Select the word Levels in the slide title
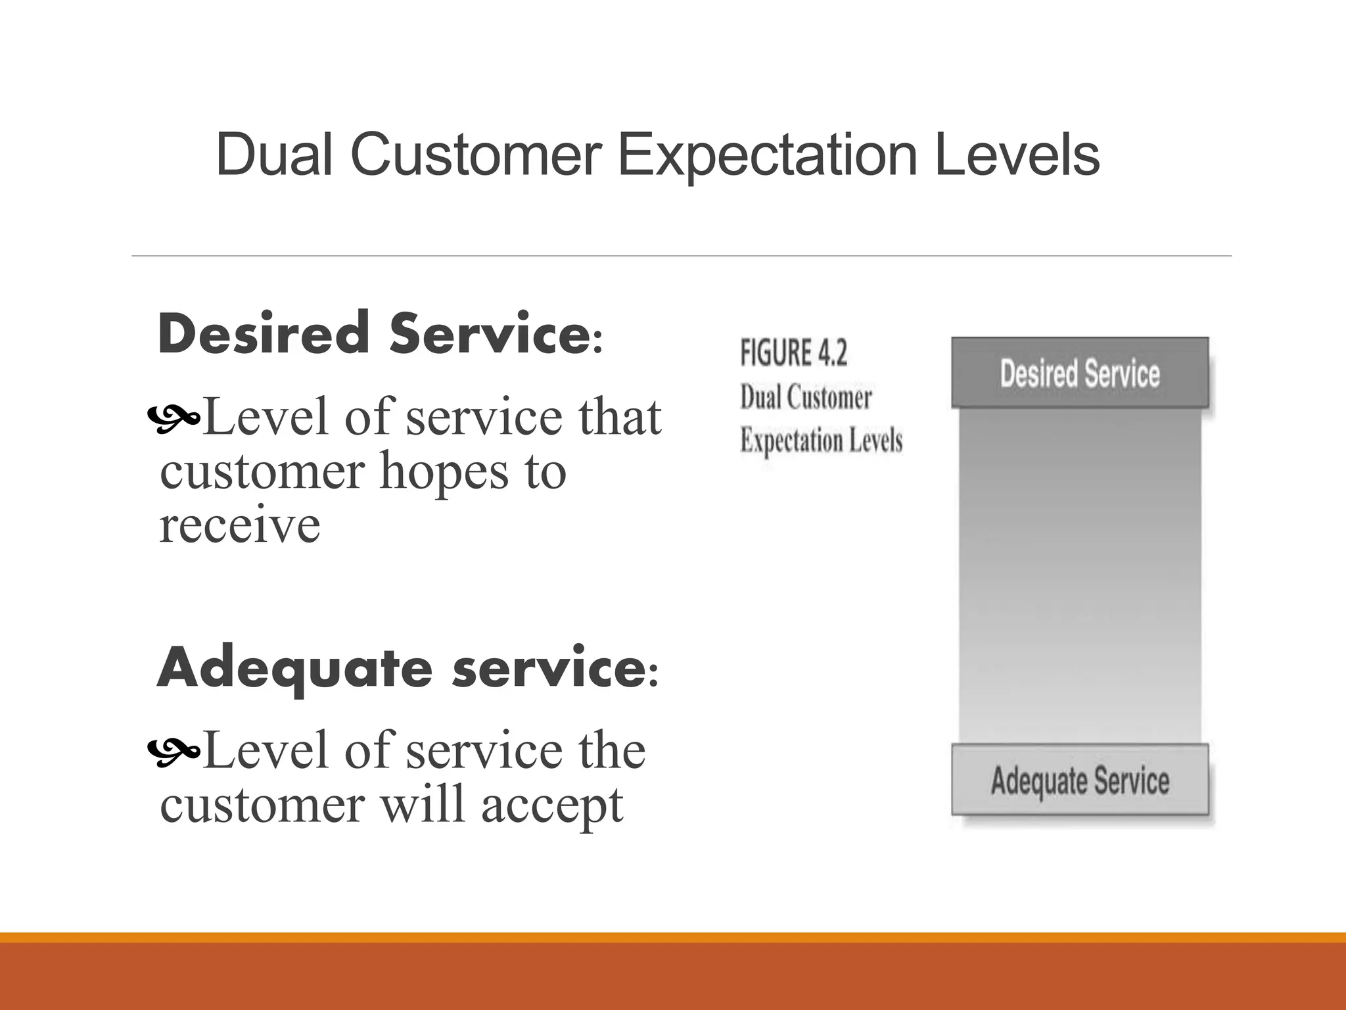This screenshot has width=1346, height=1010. click(x=1017, y=155)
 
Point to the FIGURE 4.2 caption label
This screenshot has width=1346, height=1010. click(x=793, y=353)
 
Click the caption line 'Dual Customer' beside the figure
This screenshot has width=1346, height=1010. click(x=806, y=398)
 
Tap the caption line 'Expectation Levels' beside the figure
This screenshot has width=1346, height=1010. click(x=821, y=440)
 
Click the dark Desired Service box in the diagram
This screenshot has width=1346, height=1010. click(x=1079, y=373)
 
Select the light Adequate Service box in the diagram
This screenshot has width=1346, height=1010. click(x=1079, y=781)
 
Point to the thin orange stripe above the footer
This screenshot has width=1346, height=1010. click(x=673, y=937)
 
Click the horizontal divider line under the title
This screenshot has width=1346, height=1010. click(x=681, y=256)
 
